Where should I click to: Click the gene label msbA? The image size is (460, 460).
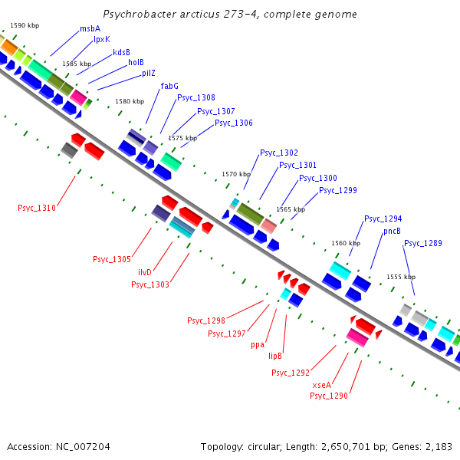coord(90,28)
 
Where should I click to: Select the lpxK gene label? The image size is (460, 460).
coord(102,39)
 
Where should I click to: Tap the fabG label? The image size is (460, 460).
coord(169,86)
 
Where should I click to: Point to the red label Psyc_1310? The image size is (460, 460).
coord(37,208)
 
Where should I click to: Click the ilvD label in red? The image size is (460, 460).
coord(145,272)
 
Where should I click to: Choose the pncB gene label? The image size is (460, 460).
coord(392,231)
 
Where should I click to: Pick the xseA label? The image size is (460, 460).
coord(322,384)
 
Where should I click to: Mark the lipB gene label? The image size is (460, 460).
coord(275,356)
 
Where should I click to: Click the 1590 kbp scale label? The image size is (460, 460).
coord(25,25)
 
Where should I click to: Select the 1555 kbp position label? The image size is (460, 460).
coord(400,277)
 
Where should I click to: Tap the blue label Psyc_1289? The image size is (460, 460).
coord(423,243)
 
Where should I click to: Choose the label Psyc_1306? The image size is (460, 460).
coord(234,123)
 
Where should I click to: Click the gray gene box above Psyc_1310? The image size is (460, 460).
coord(69,149)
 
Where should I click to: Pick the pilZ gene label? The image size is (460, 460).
coord(149,74)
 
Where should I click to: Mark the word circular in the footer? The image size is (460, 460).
coord(258,446)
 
